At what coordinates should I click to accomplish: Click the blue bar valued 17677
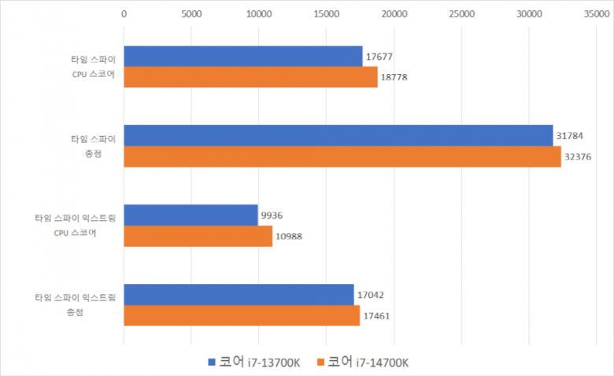[242, 56]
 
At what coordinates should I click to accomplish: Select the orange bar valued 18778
[250, 76]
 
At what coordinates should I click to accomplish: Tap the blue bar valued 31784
[338, 135]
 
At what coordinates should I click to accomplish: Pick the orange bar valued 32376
[342, 156]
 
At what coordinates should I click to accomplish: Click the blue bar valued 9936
[190, 215]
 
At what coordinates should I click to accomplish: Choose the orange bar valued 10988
[198, 235]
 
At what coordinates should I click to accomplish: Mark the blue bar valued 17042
[239, 295]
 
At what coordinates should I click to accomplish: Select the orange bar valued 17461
[241, 315]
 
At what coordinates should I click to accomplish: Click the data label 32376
[578, 157]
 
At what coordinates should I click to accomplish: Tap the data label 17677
[379, 57]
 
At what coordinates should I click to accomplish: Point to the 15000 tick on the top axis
[326, 13]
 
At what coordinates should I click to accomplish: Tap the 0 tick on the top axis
[124, 13]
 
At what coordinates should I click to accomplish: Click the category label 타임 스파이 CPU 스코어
[93, 66]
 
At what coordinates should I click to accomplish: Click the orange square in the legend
[320, 363]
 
